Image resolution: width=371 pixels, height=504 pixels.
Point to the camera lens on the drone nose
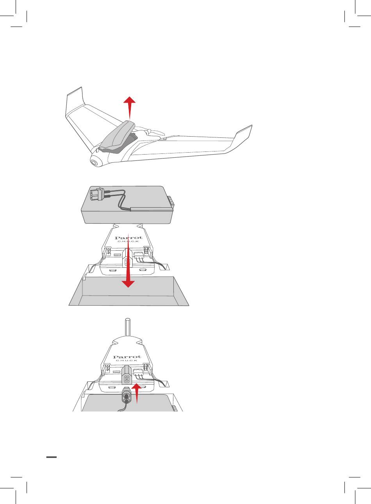pyautogui.click(x=94, y=162)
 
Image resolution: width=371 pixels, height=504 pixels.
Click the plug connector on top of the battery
pyautogui.click(x=97, y=194)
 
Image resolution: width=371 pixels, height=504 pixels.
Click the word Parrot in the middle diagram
pyautogui.click(x=128, y=238)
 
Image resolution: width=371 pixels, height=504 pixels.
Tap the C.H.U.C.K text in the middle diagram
pyautogui.click(x=128, y=241)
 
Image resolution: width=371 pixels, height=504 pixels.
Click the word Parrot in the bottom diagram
pyautogui.click(x=127, y=357)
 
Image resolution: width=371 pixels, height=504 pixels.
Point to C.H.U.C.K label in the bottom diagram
pyautogui.click(x=127, y=361)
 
